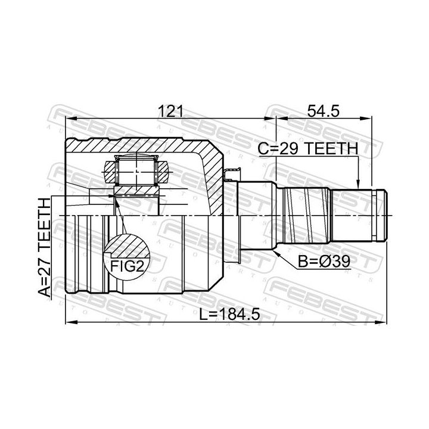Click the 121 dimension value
coord(170,111)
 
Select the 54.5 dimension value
coord(323,111)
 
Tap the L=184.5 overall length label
coord(229,315)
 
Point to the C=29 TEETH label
coord(308,148)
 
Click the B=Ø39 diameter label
coord(324,262)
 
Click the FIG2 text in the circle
coord(127,266)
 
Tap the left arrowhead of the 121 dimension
coord(70,119)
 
